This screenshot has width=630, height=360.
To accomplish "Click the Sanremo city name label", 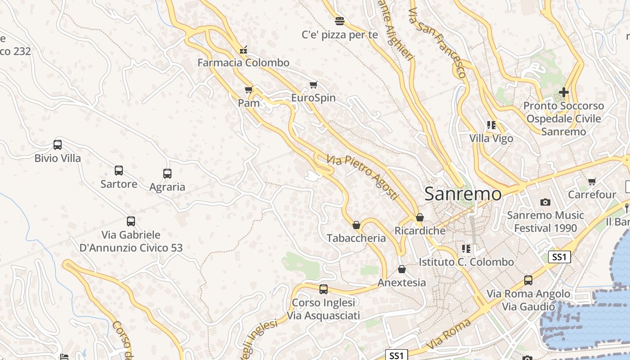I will coord(463,194).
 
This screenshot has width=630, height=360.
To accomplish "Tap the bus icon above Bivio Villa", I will coord(58,145).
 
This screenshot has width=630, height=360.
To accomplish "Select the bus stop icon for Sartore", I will coord(119,171).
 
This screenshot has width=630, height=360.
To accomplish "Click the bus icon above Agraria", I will coord(167,173).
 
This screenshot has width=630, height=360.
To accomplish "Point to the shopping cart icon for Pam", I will coord(249,90).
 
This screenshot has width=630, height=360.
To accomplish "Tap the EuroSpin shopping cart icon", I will coord(314,85).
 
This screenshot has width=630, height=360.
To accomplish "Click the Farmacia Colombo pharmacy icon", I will coord(243,49).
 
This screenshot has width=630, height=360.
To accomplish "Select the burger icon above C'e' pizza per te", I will coord(340,21).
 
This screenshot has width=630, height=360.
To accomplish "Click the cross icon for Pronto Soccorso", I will coord(563,92).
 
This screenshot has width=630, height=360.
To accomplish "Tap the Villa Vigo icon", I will coord(491,125).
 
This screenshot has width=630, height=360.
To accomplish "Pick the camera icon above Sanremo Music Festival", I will coord(545,202).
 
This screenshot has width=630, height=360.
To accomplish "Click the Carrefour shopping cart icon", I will coord(592,181).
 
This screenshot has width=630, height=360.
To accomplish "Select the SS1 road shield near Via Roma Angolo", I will coord(559,257).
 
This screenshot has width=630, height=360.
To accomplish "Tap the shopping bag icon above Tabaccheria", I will coord(356,225).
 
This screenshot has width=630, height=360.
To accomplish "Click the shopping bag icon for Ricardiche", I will coord(420,218).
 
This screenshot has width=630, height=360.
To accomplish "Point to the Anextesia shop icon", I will coord(402,269).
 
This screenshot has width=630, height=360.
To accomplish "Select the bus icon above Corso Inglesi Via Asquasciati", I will coord(324,289).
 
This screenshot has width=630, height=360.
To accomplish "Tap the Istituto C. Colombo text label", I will coord(466,262).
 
